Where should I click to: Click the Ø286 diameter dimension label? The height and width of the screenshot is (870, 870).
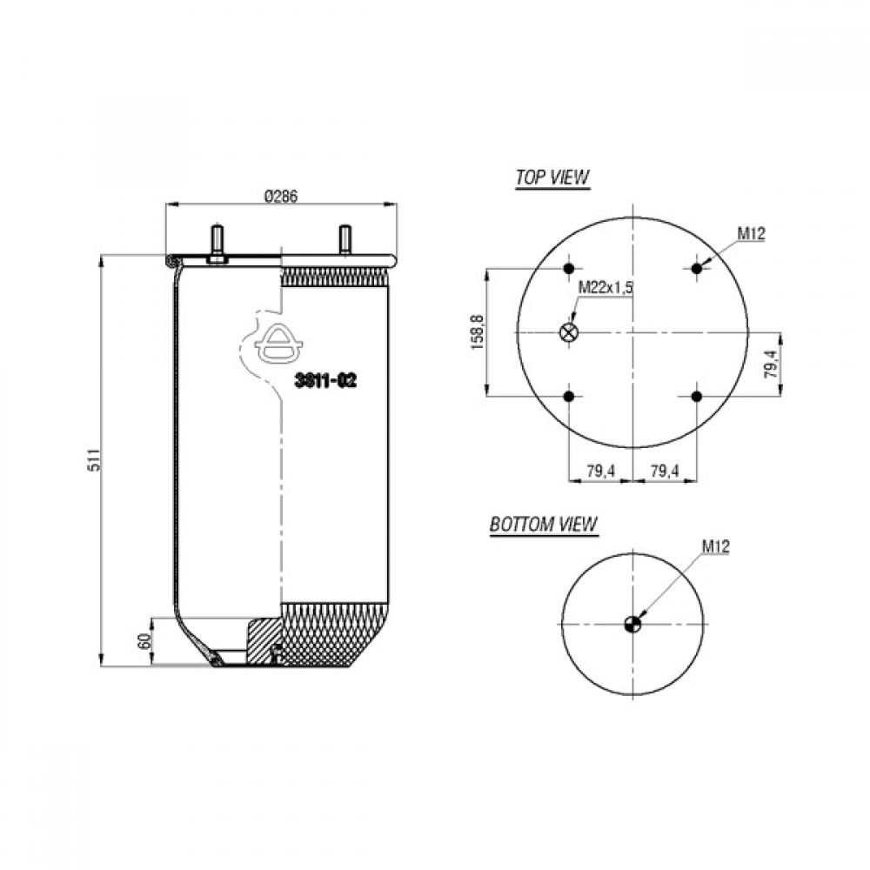coord(281,197)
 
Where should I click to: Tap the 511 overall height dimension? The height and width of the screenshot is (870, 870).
coord(96,459)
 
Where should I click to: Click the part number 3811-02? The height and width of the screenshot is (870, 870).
coord(325,381)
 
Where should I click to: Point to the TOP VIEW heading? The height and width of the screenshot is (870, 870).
coord(552,177)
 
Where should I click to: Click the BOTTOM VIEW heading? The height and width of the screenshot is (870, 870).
coord(543,525)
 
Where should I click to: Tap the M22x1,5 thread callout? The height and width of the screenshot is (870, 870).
coord(606,287)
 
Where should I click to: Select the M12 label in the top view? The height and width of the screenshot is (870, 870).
coord(752,234)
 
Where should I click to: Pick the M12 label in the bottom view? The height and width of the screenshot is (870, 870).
coord(716,547)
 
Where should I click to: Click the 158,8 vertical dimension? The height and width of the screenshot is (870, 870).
coord(478,331)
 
